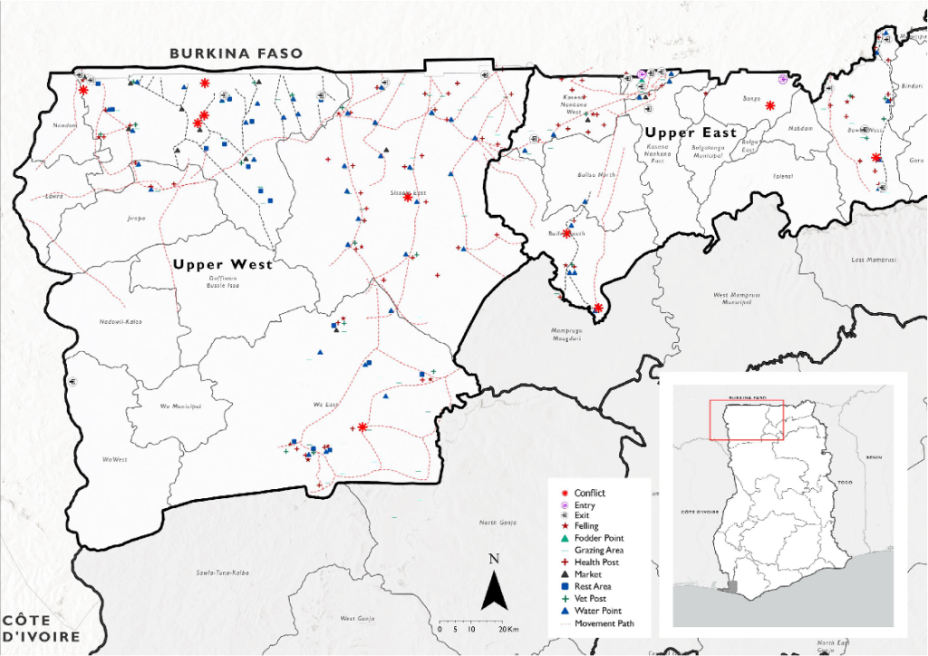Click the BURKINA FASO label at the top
tap(236, 54)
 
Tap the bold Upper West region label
tap(223, 265)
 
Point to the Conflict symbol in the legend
tap(565, 493)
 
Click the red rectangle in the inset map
tap(746, 419)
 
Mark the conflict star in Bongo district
tap(770, 106)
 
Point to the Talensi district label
tap(783, 176)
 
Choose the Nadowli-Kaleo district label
tap(121, 322)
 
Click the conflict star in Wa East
tap(362, 426)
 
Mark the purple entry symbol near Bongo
tap(783, 80)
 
